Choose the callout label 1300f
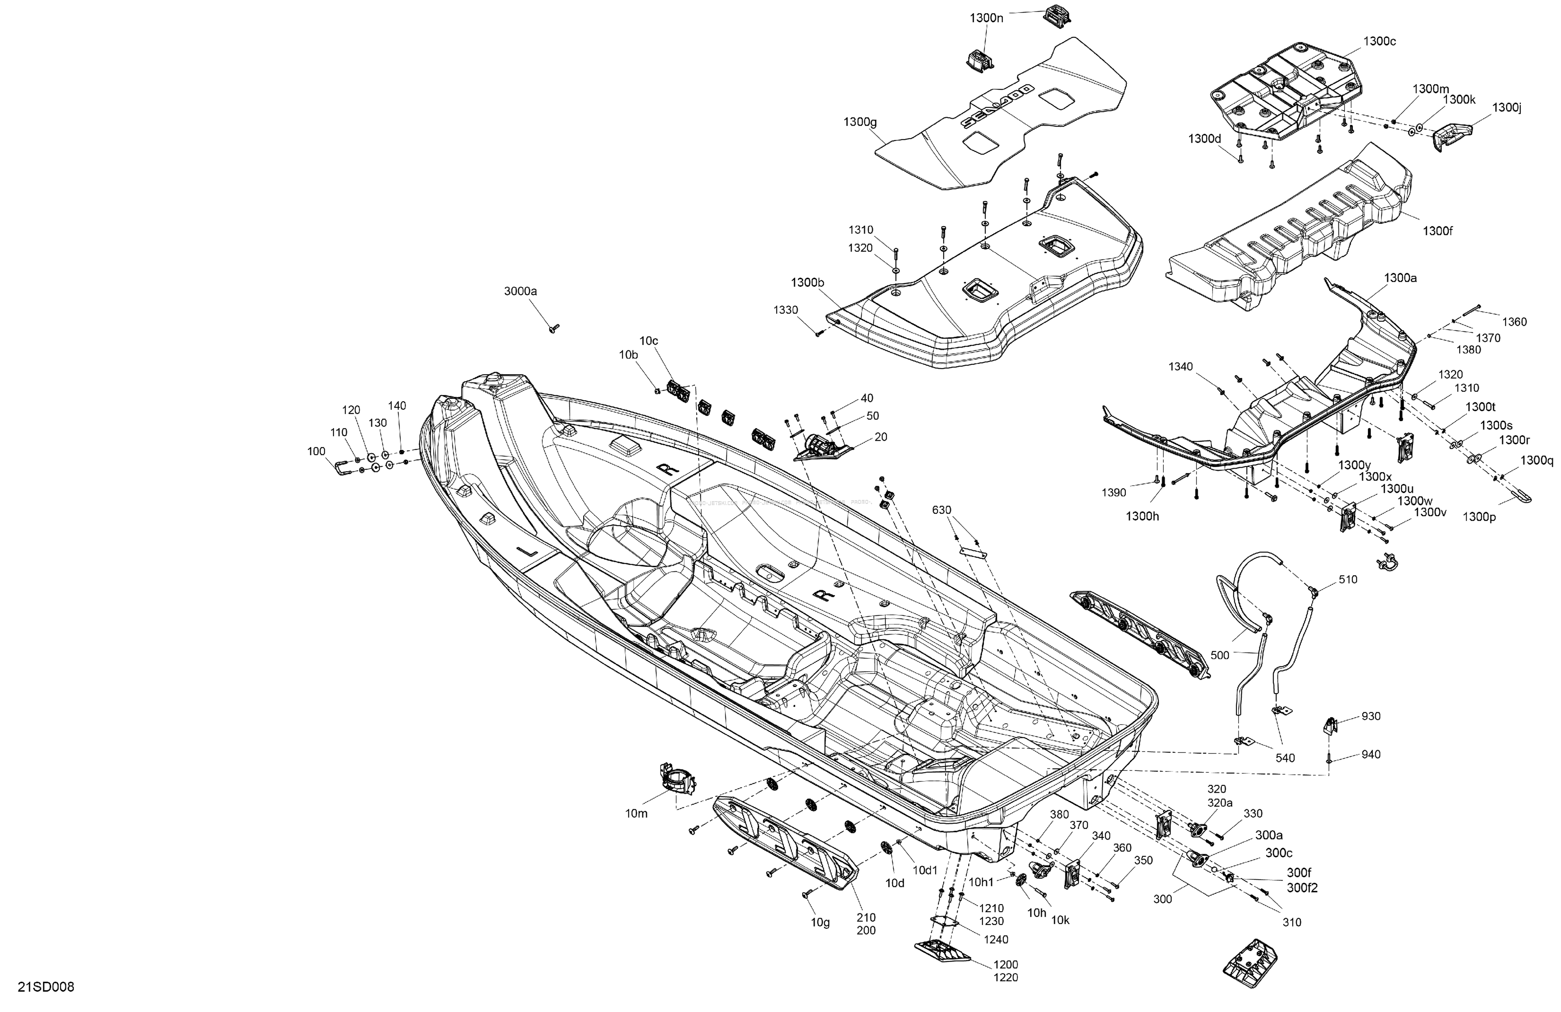pyautogui.click(x=1438, y=231)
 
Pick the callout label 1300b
pyautogui.click(x=807, y=283)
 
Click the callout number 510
pyautogui.click(x=1348, y=580)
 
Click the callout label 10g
pyautogui.click(x=820, y=922)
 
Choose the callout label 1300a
pyautogui.click(x=1400, y=278)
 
